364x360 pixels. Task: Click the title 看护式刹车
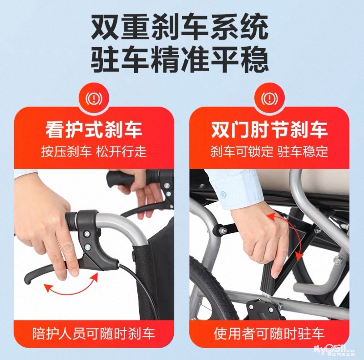click(x=94, y=130)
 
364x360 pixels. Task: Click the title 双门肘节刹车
click(x=269, y=130)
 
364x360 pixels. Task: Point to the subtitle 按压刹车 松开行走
click(x=94, y=152)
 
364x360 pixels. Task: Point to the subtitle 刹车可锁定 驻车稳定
click(x=269, y=152)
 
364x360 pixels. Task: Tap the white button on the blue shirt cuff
click(x=223, y=194)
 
